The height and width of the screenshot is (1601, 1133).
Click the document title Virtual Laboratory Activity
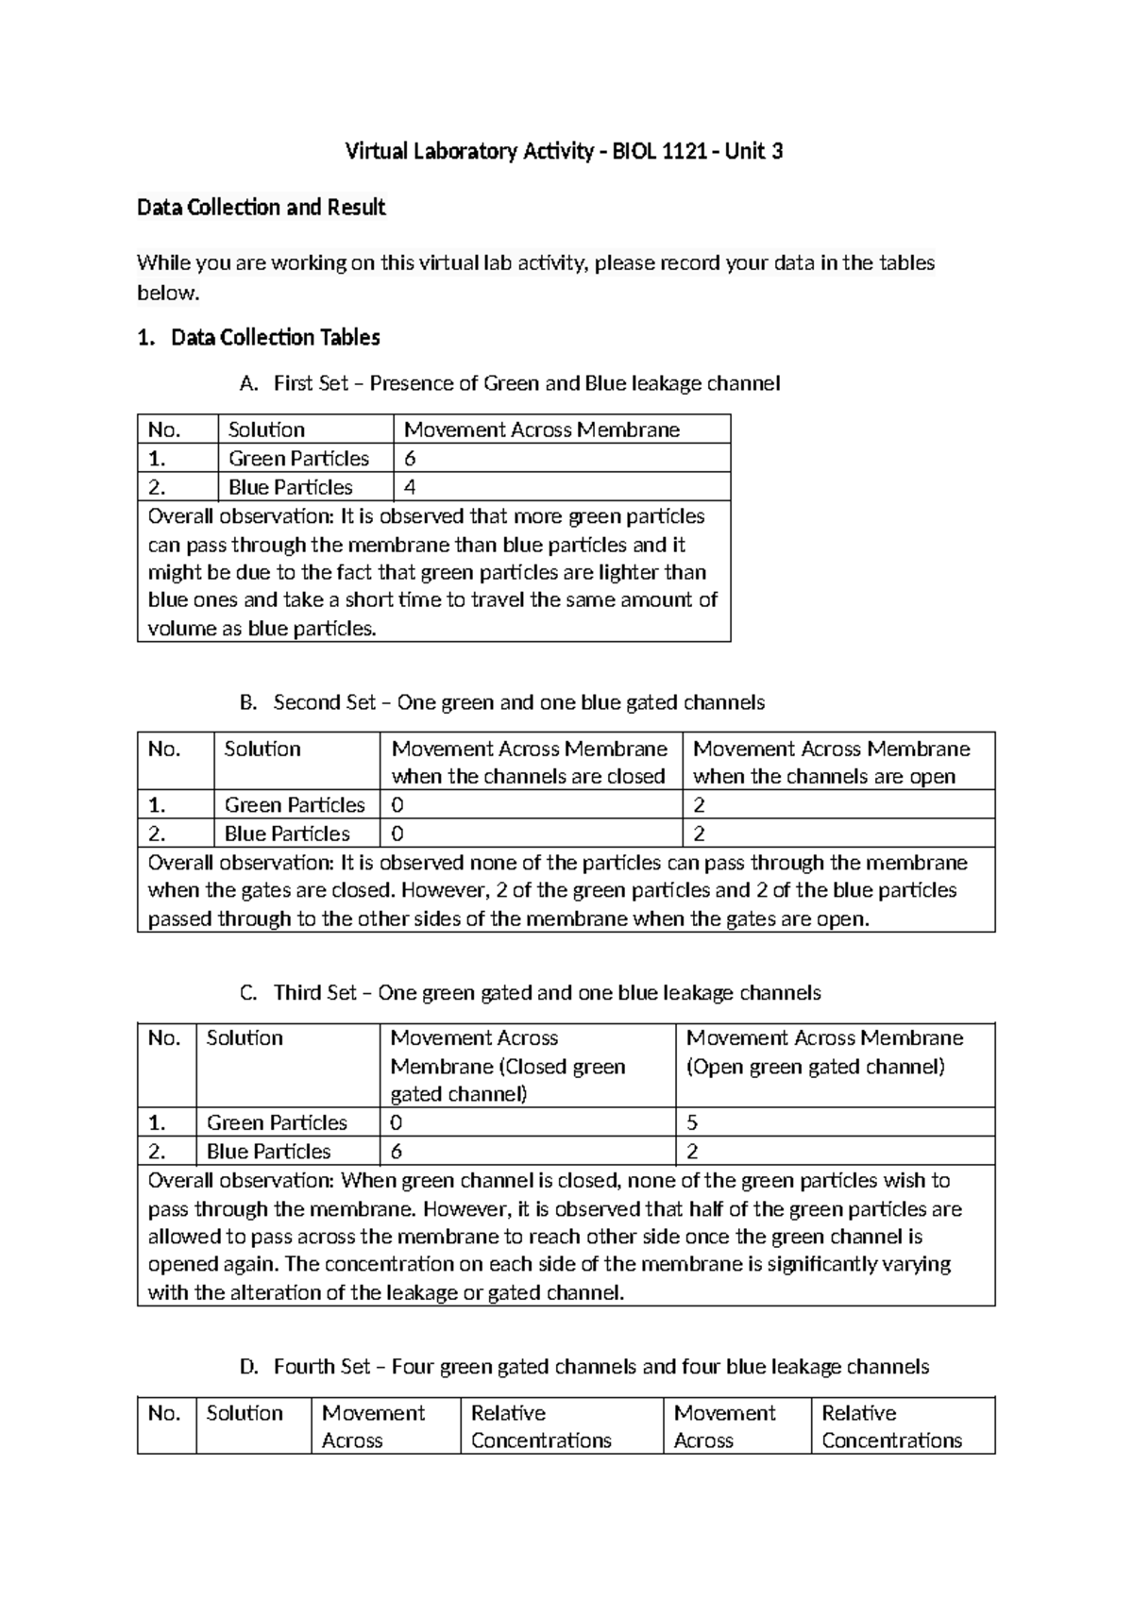tap(564, 151)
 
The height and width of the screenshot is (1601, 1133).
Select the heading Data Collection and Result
tap(261, 207)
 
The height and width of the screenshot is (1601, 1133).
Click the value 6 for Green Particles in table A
tap(411, 459)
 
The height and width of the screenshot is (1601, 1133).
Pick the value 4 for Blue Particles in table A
tap(411, 487)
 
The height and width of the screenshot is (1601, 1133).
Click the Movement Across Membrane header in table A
tap(542, 430)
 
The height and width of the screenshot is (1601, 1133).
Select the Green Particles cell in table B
tap(295, 805)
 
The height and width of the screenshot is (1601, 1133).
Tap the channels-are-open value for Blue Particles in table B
tap(700, 834)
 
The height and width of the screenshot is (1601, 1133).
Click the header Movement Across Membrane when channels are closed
tap(529, 762)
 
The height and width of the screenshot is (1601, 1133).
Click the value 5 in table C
tap(692, 1122)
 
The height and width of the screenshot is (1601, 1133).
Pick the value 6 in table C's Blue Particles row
tap(397, 1152)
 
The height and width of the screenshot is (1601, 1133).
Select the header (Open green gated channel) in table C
tap(816, 1067)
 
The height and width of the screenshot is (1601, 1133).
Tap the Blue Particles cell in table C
tap(268, 1152)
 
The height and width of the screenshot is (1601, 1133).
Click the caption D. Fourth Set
tap(585, 1367)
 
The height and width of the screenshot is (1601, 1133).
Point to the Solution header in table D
tap(245, 1413)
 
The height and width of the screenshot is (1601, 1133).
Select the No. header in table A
tap(163, 430)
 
